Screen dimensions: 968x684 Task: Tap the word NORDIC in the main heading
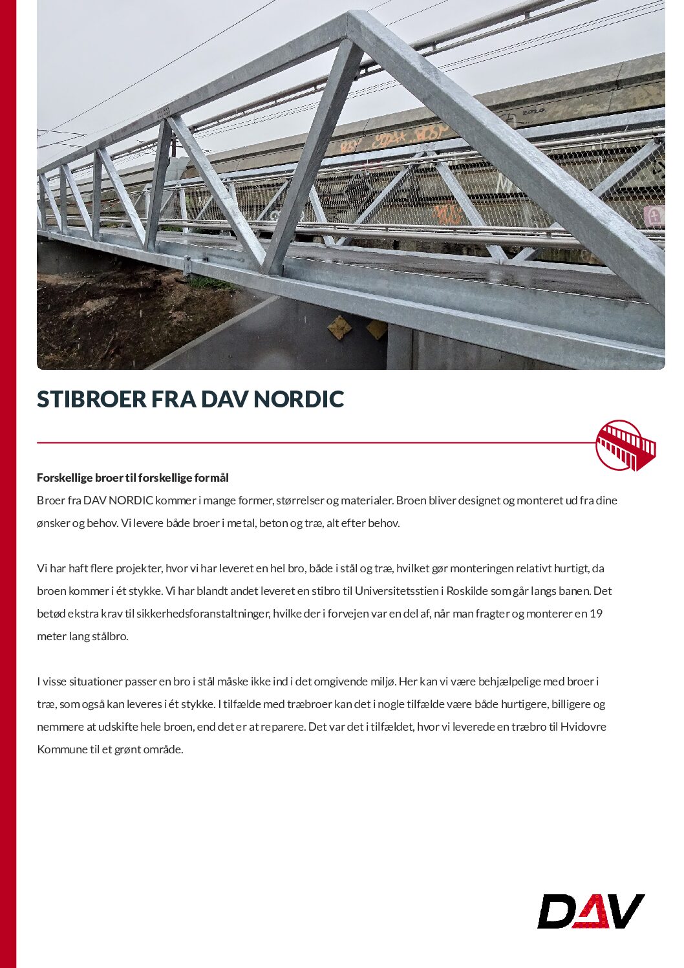tap(298, 399)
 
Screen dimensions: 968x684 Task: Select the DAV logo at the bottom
tap(591, 912)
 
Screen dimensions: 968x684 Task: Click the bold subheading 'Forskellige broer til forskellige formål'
tap(133, 478)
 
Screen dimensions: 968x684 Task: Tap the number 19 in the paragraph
tap(596, 614)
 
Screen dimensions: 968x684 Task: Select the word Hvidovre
tap(583, 727)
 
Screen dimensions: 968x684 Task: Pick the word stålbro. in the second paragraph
tap(110, 636)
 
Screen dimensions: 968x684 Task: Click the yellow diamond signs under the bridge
tap(358, 328)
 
